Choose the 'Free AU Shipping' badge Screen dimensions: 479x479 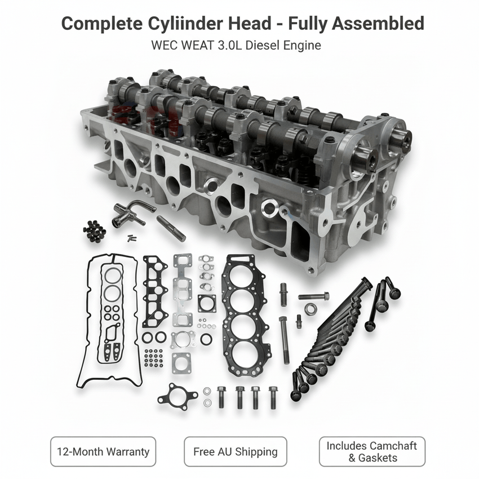click(235, 452)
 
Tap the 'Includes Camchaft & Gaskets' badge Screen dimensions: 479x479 click(372, 452)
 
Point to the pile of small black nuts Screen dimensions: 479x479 click(94, 230)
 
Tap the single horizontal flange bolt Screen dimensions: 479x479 click(313, 296)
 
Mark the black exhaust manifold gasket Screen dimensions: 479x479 click(155, 291)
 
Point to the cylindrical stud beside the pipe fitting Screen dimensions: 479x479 click(171, 228)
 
